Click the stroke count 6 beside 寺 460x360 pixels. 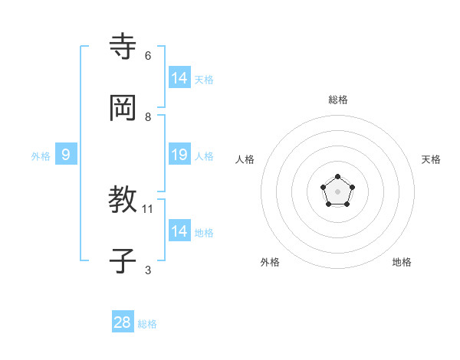click(148, 56)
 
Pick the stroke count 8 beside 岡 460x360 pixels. click(148, 116)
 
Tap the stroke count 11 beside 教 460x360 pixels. click(148, 209)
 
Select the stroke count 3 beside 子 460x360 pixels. click(148, 270)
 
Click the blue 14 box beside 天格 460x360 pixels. click(179, 77)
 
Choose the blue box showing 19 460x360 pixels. click(179, 155)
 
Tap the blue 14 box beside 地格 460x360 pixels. click(179, 231)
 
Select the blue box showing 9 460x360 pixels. click(66, 155)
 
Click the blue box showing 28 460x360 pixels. click(123, 322)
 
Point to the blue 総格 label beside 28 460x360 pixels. click(147, 324)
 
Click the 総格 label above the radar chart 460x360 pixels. click(338, 100)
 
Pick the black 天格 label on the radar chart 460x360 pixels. click(431, 159)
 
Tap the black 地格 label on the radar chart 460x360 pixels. click(402, 262)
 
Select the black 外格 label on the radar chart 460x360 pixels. click(270, 262)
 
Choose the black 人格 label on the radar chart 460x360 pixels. click(245, 159)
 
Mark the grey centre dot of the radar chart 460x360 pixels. click(338, 191)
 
